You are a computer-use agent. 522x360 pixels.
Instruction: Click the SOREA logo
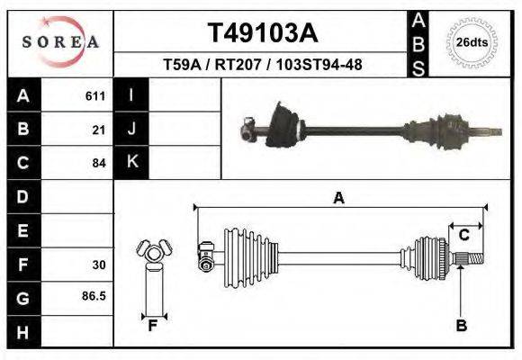[59, 41]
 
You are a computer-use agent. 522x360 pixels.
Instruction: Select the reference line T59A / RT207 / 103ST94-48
[262, 65]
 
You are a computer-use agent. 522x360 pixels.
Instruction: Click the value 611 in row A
[95, 96]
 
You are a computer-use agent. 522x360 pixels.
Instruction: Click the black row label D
[23, 197]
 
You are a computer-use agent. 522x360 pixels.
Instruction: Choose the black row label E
[23, 231]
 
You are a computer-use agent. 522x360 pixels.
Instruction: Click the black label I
[131, 96]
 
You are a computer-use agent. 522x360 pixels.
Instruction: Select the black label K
[131, 163]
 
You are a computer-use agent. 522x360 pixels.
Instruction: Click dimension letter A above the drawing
[338, 198]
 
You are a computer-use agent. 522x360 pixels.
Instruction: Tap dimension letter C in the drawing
[464, 235]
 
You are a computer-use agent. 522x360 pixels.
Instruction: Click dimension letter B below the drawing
[461, 327]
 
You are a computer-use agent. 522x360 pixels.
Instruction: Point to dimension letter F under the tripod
[153, 326]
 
